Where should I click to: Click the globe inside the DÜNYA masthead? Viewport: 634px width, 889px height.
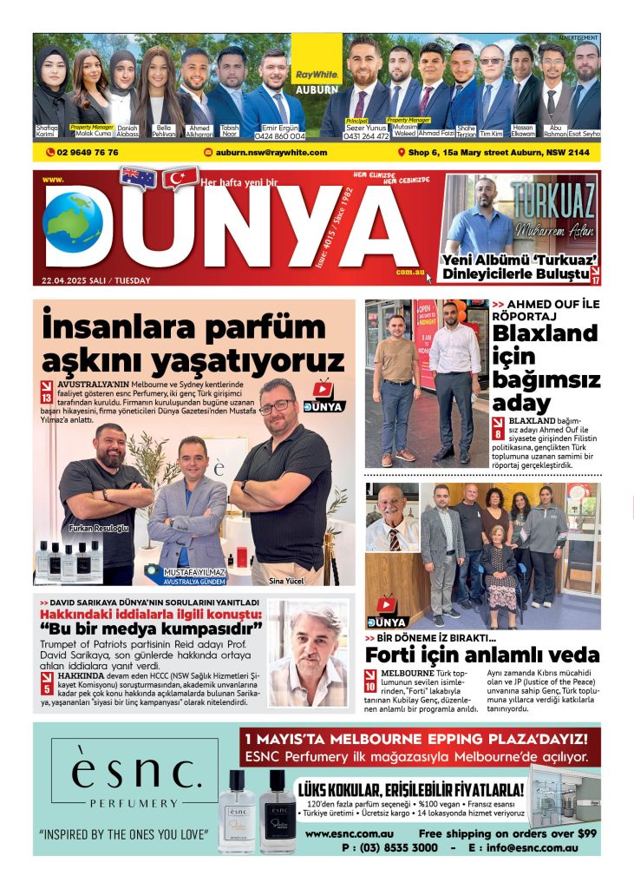coord(73,222)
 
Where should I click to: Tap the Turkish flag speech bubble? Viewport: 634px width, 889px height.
coord(180,178)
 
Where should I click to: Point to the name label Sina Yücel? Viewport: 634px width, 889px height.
coord(285,580)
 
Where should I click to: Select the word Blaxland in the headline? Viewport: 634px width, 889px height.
coord(546,333)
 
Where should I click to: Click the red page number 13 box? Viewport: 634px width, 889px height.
coord(46,392)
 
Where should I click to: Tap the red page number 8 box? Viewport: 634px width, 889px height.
coord(499,428)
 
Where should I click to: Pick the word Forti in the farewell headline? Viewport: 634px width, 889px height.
coord(395,655)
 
